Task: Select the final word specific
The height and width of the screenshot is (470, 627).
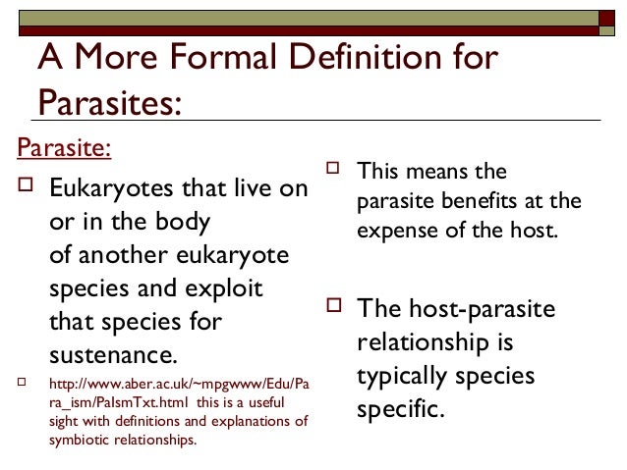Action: (400, 410)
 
